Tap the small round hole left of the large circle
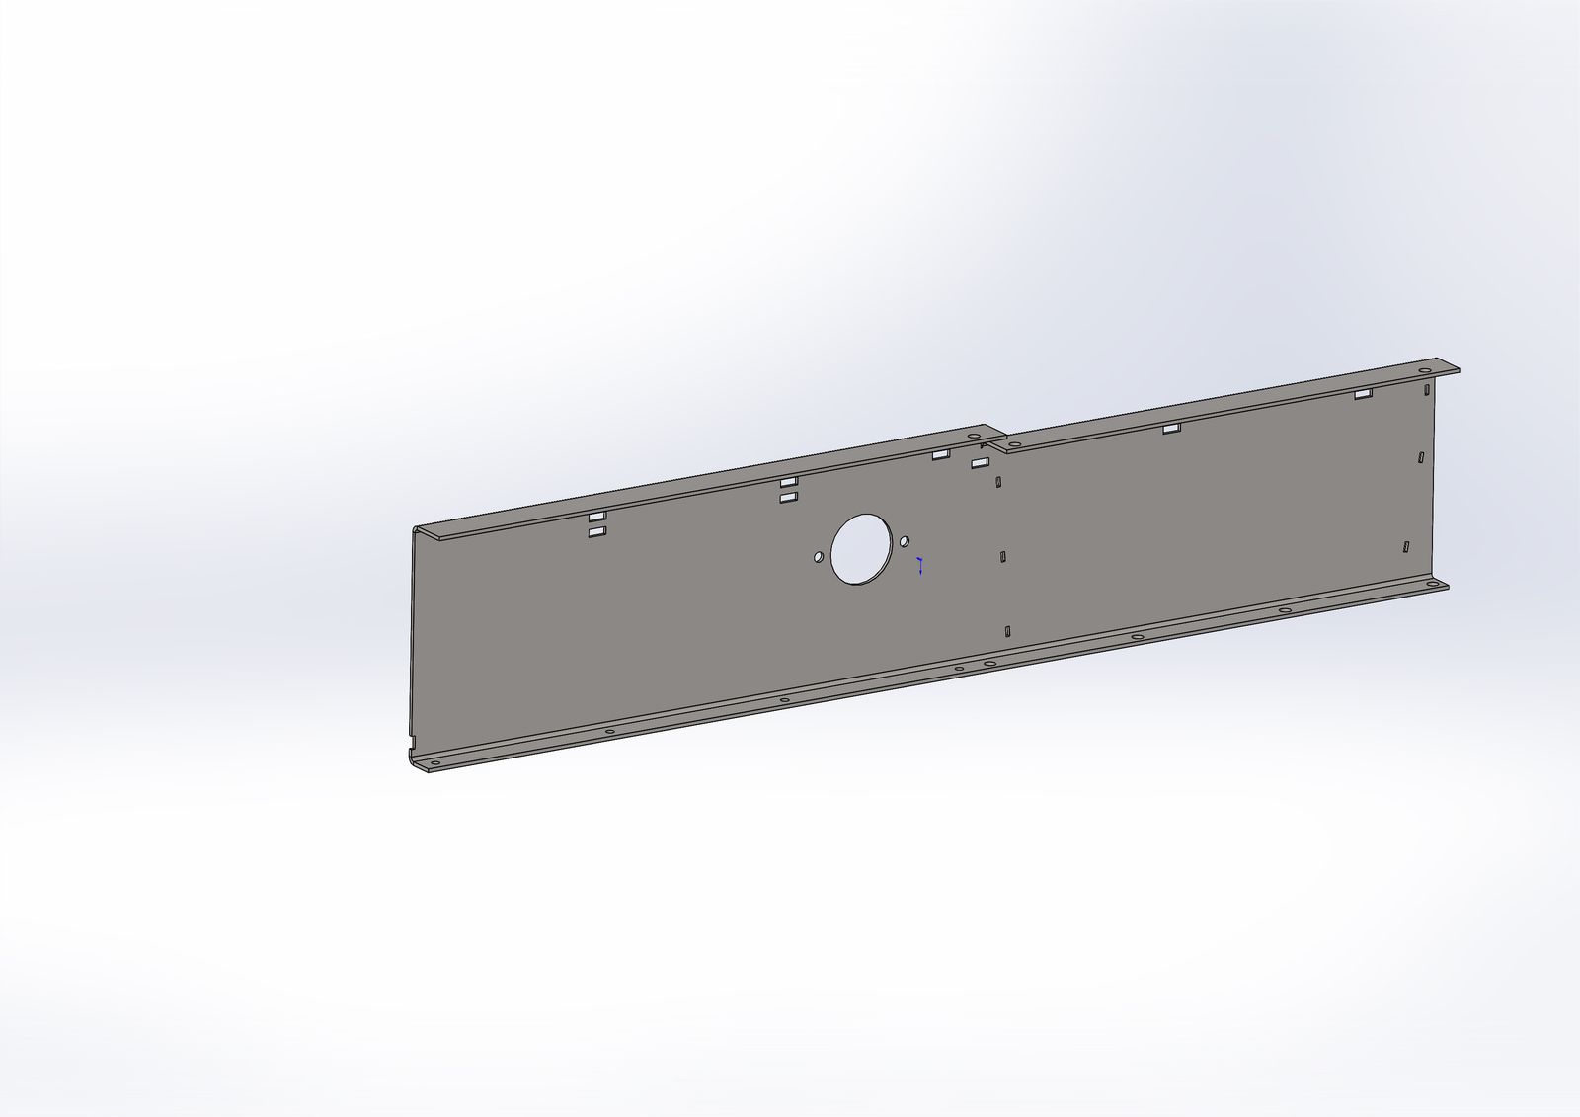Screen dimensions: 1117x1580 coord(819,558)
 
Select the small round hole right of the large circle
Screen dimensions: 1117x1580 coord(905,541)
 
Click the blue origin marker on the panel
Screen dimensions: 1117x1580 coord(920,566)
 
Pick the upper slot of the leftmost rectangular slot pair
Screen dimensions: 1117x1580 coord(596,517)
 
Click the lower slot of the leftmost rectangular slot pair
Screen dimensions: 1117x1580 coord(596,532)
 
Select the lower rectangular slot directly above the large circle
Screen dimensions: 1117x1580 coord(788,498)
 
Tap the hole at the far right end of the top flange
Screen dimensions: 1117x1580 coord(1425,371)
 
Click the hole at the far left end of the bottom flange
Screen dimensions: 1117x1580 coord(434,763)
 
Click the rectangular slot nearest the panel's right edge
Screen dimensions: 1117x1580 coord(1363,394)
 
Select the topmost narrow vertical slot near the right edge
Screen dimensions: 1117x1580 coord(1426,389)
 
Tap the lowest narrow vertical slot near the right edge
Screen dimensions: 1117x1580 coord(1405,546)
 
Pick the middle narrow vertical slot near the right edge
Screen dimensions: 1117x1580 coord(1420,457)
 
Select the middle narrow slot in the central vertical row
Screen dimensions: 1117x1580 coord(1003,557)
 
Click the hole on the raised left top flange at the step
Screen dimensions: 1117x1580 coord(974,435)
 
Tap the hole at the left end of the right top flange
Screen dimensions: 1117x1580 coord(1014,444)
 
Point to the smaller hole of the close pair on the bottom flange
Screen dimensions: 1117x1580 coord(959,670)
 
